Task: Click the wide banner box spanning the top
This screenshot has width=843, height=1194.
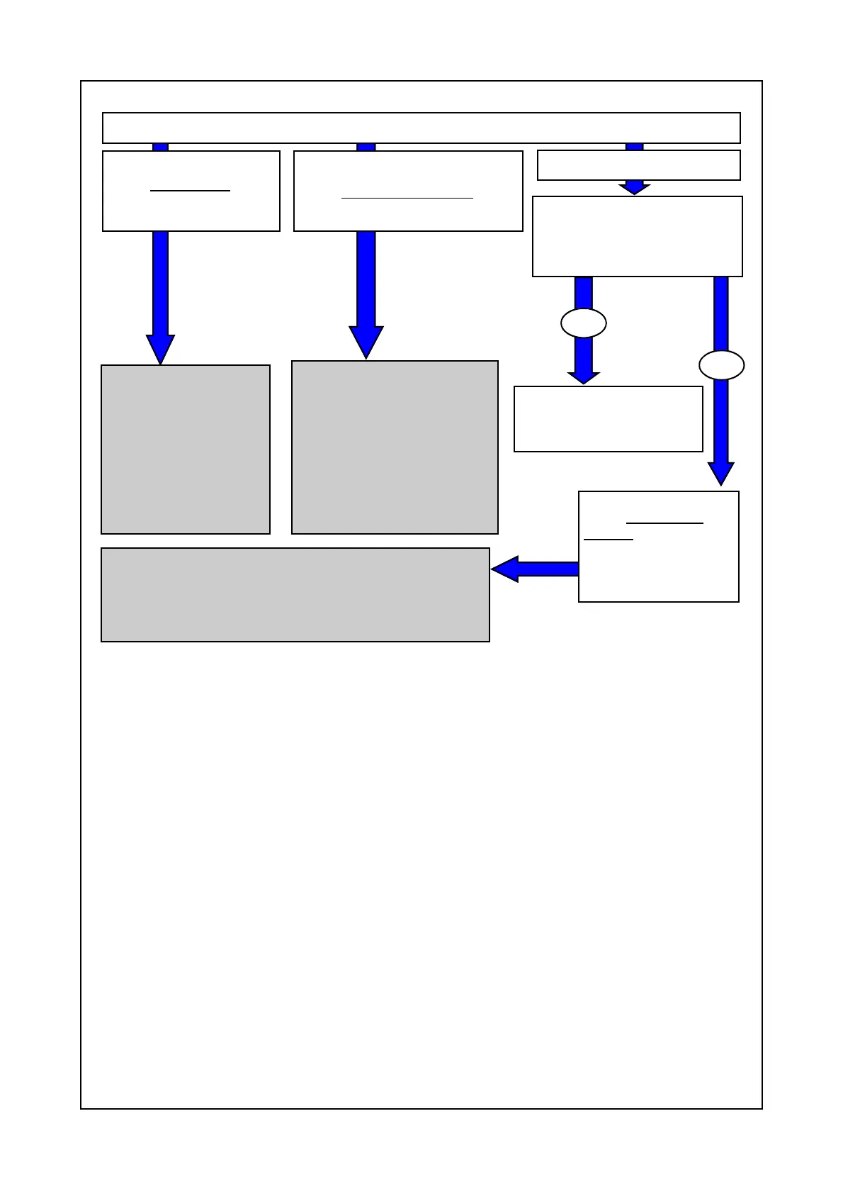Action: click(x=421, y=128)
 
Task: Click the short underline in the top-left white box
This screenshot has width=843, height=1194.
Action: click(x=190, y=191)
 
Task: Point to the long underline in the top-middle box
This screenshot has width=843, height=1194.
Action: click(x=407, y=198)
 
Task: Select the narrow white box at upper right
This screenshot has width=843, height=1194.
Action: click(x=638, y=165)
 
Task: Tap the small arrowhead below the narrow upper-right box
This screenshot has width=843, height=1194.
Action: click(x=634, y=188)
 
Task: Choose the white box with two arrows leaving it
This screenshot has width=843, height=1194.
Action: click(x=637, y=236)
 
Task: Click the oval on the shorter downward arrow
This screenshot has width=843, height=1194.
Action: click(x=583, y=323)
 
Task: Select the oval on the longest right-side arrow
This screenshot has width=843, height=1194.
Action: click(x=721, y=366)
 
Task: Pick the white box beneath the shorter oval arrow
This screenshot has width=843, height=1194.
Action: click(x=608, y=419)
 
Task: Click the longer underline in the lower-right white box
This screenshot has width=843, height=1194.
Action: click(x=664, y=523)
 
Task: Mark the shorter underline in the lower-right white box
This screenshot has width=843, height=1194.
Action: click(x=608, y=540)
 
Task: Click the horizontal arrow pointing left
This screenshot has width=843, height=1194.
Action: click(x=535, y=569)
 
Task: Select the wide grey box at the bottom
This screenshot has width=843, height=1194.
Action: click(x=295, y=594)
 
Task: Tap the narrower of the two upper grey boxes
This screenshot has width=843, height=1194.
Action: click(x=185, y=450)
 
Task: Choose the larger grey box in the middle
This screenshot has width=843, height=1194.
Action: click(x=395, y=447)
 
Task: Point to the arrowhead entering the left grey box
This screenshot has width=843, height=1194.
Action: click(x=160, y=349)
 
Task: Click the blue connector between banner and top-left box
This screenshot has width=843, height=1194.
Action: click(x=161, y=147)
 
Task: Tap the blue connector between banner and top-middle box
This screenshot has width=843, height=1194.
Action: click(x=366, y=147)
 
